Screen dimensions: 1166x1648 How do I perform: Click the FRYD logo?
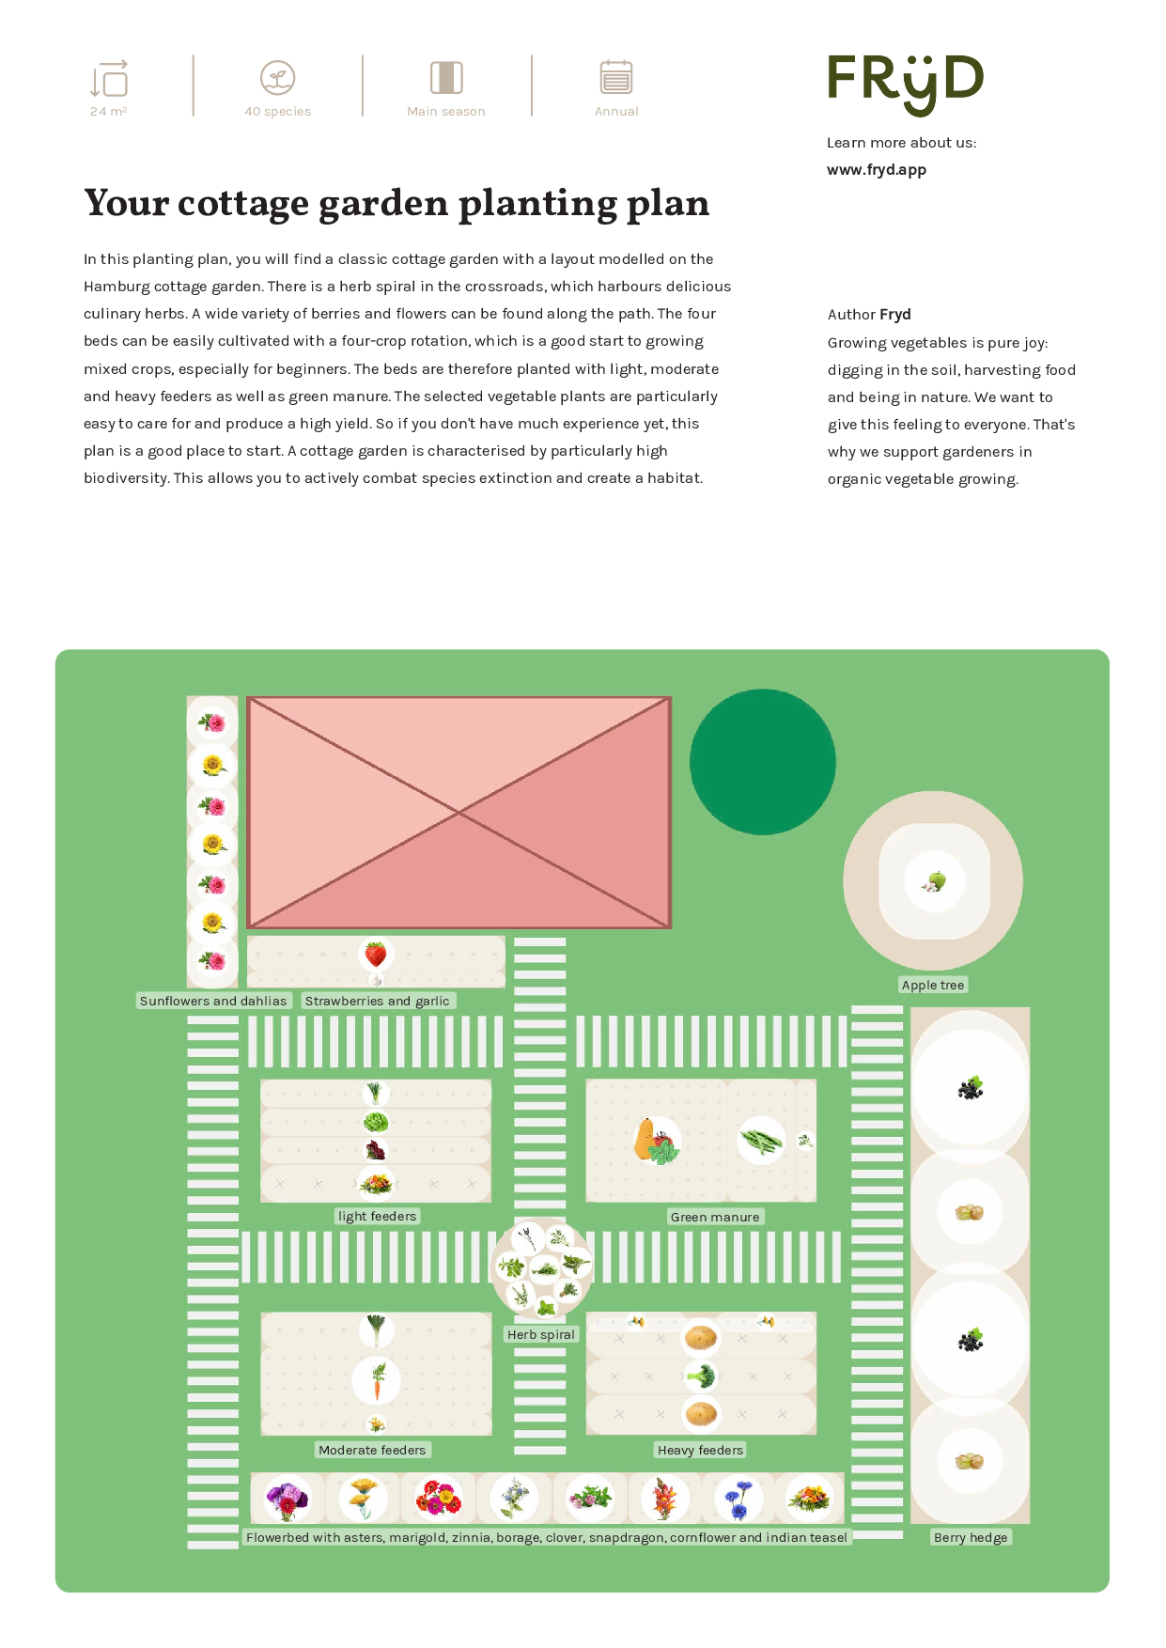tap(905, 85)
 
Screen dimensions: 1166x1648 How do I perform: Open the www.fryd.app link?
tap(877, 170)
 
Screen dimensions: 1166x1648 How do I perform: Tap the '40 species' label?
tap(277, 111)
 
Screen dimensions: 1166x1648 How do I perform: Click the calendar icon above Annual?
tap(616, 77)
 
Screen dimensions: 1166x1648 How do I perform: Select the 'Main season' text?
tap(446, 111)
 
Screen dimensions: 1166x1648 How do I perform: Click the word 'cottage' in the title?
tap(243, 204)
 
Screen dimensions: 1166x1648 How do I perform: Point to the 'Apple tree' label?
tap(933, 985)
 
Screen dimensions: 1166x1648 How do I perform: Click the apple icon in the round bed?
tap(934, 881)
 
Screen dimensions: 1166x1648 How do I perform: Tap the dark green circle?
tap(763, 762)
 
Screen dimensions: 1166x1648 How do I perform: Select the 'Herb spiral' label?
tap(541, 1334)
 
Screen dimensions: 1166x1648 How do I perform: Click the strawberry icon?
tap(376, 955)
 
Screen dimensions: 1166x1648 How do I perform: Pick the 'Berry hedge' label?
tap(971, 1537)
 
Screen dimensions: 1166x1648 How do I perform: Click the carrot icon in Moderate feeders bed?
tap(377, 1381)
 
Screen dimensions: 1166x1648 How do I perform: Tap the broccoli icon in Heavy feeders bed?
tap(701, 1377)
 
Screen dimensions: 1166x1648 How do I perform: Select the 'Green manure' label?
tap(715, 1217)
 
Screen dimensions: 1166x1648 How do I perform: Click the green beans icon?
tap(761, 1141)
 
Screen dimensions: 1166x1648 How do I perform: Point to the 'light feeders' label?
tap(377, 1216)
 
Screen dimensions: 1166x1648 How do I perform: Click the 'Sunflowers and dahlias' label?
tap(213, 1001)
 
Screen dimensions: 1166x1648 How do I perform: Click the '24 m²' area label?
tap(109, 111)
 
